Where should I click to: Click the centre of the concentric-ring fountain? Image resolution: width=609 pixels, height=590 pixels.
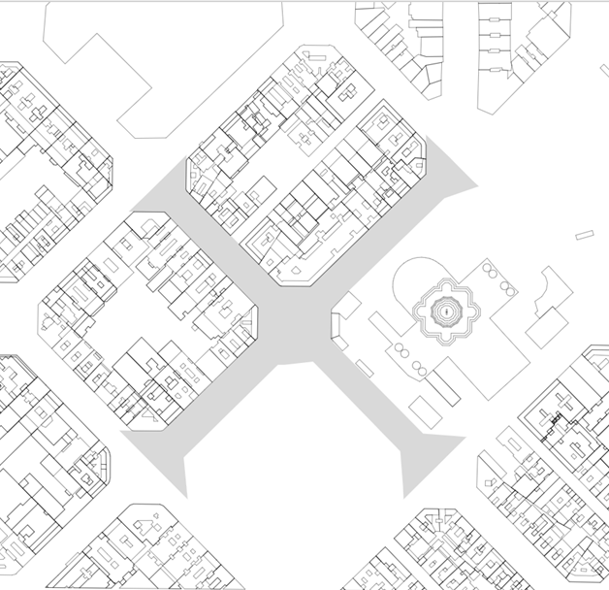(x=445, y=311)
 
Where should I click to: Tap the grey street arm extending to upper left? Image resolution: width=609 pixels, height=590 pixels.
(x=175, y=199)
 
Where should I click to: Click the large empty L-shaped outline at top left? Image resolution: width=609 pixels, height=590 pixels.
(x=145, y=58)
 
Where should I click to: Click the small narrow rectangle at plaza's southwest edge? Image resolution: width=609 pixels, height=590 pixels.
(x=365, y=368)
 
